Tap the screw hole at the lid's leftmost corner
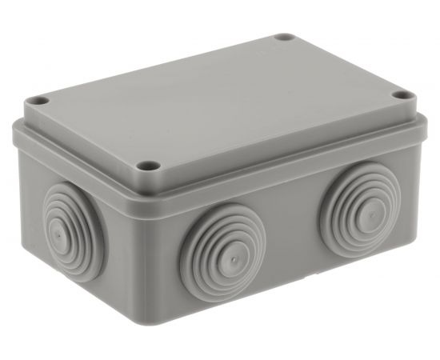tap(35, 102)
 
